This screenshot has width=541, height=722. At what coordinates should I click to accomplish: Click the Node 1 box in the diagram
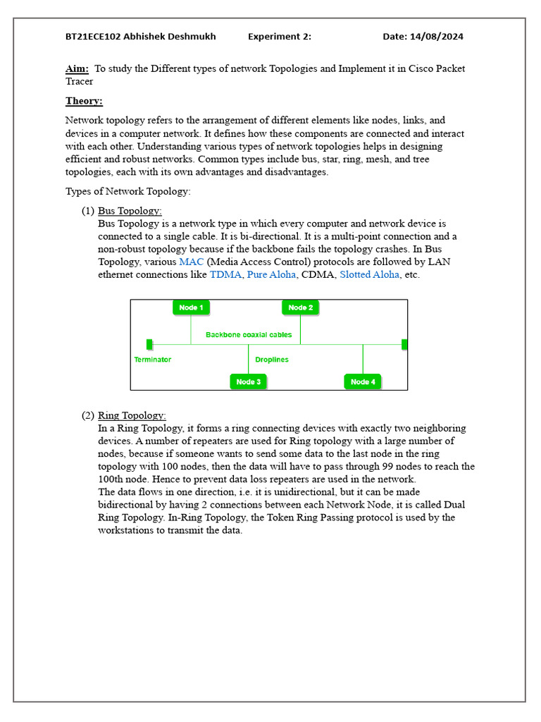[191, 307]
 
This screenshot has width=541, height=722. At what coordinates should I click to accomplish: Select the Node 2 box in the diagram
[301, 307]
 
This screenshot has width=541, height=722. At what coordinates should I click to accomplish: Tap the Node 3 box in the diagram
[248, 381]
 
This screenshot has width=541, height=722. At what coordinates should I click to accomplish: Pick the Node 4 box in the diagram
[363, 381]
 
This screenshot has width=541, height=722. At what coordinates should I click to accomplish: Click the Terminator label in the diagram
[152, 360]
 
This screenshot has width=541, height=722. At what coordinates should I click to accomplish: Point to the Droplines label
[272, 360]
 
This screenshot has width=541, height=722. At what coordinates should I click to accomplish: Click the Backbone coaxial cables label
[249, 335]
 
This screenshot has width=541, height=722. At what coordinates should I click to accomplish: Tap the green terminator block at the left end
[149, 344]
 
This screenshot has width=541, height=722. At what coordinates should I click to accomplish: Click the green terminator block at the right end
[404, 344]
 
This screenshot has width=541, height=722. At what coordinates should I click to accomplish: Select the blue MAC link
[191, 262]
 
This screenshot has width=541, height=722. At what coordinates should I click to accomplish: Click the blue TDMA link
[225, 274]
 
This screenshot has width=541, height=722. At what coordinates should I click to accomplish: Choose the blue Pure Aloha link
[271, 274]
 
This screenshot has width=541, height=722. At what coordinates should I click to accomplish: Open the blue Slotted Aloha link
[369, 274]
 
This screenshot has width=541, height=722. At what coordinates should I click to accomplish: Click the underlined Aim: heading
[77, 68]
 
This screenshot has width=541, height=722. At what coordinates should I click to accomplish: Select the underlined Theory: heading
[84, 101]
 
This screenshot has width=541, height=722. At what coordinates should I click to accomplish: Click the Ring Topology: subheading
[132, 415]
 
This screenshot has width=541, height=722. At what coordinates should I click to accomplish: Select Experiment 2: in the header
[279, 37]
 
